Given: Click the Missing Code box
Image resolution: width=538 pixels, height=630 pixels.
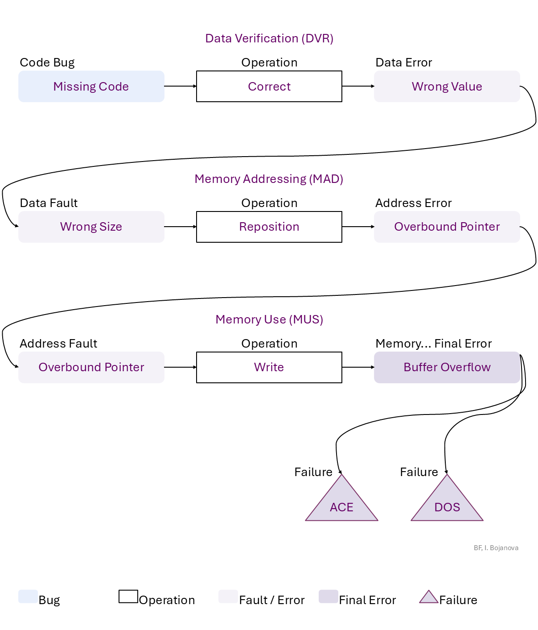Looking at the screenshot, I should point(91,87).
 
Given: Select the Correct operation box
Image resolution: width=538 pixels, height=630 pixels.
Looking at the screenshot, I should point(269,87).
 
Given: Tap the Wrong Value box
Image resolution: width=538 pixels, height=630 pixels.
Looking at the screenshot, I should point(447,87).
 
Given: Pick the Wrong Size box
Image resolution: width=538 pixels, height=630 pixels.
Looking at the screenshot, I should point(91,227).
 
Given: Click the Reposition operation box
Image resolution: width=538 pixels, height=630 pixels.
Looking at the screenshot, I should point(269,227).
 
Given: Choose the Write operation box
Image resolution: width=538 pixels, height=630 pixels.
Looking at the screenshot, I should point(269,367).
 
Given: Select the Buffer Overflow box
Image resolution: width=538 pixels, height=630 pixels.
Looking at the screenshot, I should point(447,367).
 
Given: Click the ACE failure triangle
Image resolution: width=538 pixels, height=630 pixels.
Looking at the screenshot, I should point(341,504).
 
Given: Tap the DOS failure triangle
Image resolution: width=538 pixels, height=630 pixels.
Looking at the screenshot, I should point(447,504).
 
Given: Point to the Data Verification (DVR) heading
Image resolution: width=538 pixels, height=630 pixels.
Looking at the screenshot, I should point(269,38).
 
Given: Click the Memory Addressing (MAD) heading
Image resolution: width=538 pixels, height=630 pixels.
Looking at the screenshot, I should point(269,179).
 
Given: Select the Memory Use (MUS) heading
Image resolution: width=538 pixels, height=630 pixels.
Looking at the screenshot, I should point(269,319).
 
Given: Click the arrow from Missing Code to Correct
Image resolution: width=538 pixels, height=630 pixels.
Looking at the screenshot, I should point(180,86).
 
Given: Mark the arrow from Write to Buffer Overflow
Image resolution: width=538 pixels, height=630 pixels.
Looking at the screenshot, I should point(358,367).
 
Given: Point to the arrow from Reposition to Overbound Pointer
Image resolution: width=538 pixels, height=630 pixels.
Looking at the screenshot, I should point(358,227).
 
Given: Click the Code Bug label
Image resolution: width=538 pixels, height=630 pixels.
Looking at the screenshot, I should point(47,62).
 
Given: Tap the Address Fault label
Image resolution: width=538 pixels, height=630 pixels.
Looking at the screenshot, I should point(58,344).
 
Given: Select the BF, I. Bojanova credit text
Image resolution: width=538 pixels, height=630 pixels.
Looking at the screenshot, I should point(496,548).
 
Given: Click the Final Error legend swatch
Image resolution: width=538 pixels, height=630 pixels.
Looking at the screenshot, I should point(328,597).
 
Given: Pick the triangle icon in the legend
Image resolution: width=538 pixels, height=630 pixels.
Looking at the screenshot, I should point(429,597).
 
